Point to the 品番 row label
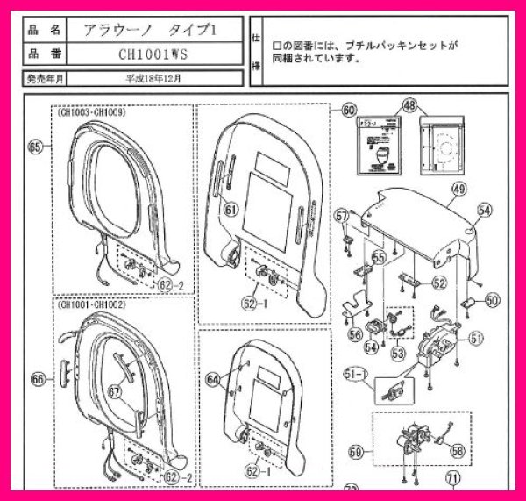[43, 54]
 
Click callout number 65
[35, 147]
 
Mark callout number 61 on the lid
[231, 209]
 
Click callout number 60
[349, 111]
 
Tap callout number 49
[458, 189]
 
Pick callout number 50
[492, 299]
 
